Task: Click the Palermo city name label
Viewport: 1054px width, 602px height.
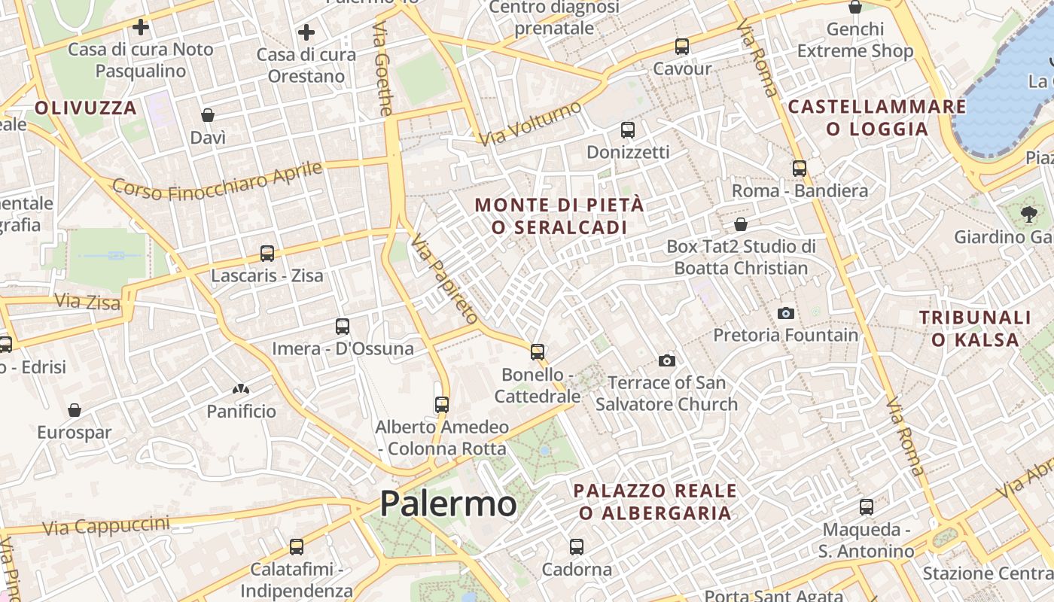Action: pyautogui.click(x=448, y=503)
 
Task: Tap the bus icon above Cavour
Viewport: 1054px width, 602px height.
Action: pyautogui.click(x=682, y=47)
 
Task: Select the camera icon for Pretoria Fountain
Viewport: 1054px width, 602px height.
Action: pyautogui.click(x=786, y=313)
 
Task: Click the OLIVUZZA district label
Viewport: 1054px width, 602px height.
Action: pyautogui.click(x=86, y=108)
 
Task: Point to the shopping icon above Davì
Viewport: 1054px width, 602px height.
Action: pyautogui.click(x=208, y=115)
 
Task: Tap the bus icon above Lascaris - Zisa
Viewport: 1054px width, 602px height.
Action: pyautogui.click(x=267, y=254)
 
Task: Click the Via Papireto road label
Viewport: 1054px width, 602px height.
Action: pyautogui.click(x=444, y=278)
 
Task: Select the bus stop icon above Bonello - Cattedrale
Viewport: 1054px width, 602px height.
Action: pyautogui.click(x=538, y=352)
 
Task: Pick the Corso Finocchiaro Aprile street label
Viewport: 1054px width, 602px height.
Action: pyautogui.click(x=218, y=181)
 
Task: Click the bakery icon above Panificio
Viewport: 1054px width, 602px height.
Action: pyautogui.click(x=242, y=389)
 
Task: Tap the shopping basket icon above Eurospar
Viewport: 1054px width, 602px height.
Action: pyautogui.click(x=75, y=410)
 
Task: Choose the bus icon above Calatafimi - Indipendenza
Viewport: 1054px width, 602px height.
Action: pyautogui.click(x=297, y=547)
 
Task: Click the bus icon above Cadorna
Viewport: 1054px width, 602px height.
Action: pyautogui.click(x=577, y=547)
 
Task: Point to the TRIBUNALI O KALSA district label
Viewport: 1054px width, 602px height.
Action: pyautogui.click(x=975, y=329)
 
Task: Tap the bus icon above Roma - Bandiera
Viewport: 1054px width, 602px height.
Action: pyautogui.click(x=800, y=169)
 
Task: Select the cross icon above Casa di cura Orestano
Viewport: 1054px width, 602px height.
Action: pyautogui.click(x=306, y=32)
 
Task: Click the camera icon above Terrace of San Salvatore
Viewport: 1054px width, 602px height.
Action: pyautogui.click(x=666, y=361)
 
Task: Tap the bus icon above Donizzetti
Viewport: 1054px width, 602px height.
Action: pyautogui.click(x=628, y=130)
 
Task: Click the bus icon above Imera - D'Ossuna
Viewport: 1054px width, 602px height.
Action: pyautogui.click(x=343, y=327)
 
